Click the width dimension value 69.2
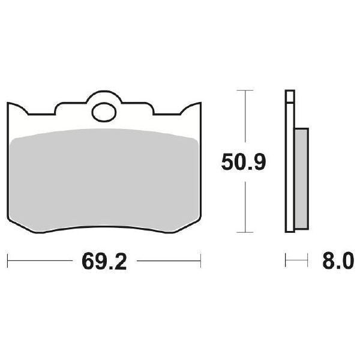pyautogui.click(x=102, y=262)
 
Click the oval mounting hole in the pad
pyautogui.click(x=104, y=112)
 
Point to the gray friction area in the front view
pyautogui.click(x=105, y=177)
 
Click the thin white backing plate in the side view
pyautogui.click(x=290, y=162)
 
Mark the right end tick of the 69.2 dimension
pyautogui.click(x=200, y=262)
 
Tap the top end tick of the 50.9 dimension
pyautogui.click(x=242, y=90)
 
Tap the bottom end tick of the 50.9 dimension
pyautogui.click(x=242, y=232)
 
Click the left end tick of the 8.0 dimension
pyautogui.click(x=286, y=262)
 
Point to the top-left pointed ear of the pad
pyautogui.click(x=13, y=104)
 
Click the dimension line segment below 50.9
pyautogui.click(x=242, y=204)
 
